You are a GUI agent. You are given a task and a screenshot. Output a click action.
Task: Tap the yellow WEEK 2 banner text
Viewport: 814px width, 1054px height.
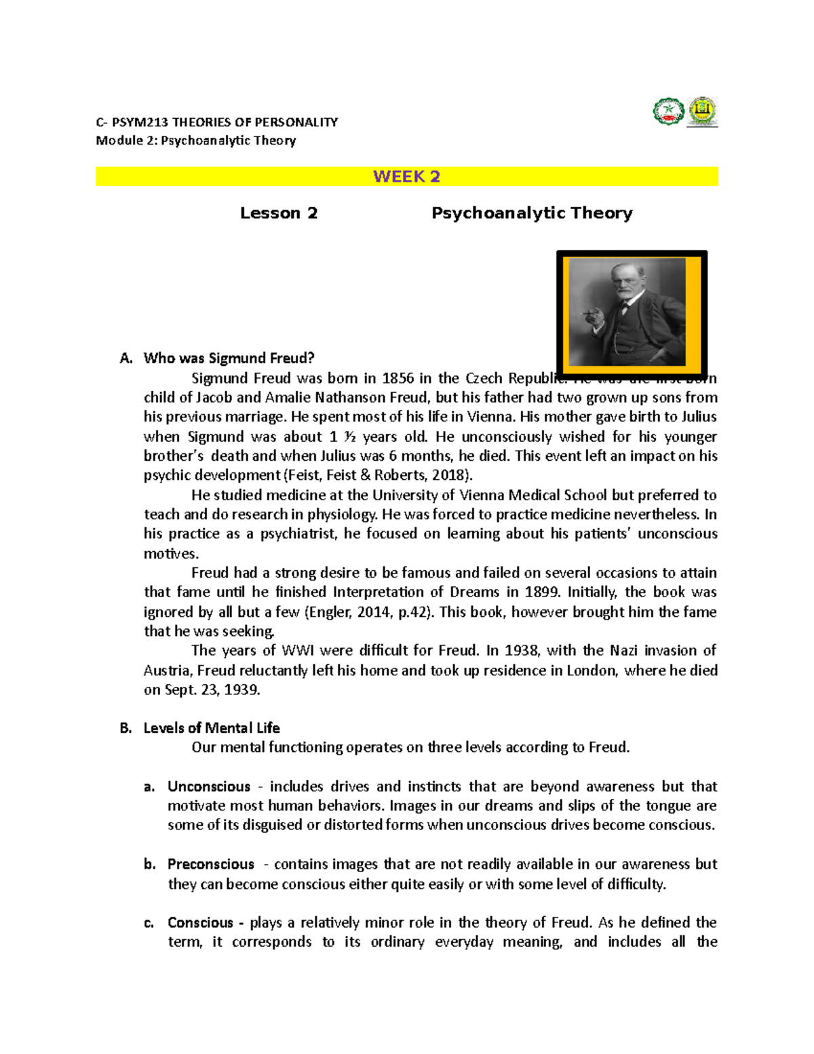click(x=406, y=176)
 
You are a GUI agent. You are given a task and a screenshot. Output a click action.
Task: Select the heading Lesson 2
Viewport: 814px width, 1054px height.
click(x=278, y=213)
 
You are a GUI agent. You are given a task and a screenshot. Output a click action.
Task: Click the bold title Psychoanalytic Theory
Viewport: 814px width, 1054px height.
click(x=532, y=213)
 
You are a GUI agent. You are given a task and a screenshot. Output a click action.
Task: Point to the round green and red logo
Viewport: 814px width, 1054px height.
click(x=668, y=111)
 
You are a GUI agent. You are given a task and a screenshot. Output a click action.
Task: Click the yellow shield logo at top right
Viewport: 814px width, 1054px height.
click(x=703, y=111)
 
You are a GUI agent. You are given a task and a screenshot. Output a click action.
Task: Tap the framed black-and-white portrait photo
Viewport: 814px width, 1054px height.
click(x=631, y=312)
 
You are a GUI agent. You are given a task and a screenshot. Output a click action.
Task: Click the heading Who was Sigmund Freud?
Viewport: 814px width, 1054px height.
click(x=229, y=358)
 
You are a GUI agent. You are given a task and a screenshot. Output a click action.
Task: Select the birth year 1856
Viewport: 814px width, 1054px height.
click(x=398, y=378)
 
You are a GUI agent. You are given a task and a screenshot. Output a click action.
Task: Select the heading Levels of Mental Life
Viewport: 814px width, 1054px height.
click(x=212, y=728)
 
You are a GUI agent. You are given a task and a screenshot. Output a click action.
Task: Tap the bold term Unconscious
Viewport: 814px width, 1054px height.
click(x=209, y=787)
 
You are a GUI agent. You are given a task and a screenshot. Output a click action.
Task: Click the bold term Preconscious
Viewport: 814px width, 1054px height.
click(x=211, y=865)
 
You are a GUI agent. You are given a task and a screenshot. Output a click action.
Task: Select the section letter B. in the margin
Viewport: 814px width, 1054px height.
click(x=125, y=728)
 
